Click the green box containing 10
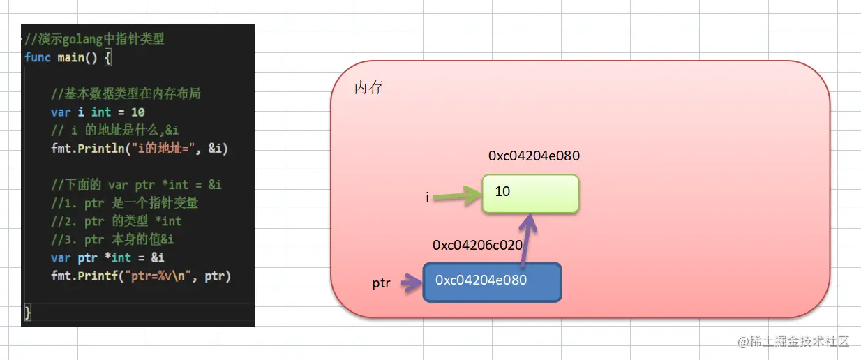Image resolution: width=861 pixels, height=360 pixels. coord(530,193)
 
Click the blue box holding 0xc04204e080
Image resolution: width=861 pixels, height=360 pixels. coord(492,282)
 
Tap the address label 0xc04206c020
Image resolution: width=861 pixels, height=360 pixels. coord(477,245)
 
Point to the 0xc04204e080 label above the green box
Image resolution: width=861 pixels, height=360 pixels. coord(534,156)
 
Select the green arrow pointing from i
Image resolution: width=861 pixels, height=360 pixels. coord(456,196)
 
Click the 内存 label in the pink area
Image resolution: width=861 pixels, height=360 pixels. coord(368,88)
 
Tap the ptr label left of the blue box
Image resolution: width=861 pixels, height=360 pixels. coord(381,285)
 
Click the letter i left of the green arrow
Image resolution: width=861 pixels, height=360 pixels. coord(427,197)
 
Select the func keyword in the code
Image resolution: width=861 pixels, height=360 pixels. coord(37,57)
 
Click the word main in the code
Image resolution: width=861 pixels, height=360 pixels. coord(70,57)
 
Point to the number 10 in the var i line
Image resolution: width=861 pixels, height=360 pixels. coord(137,112)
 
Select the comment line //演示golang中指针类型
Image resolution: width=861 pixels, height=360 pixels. coord(94,39)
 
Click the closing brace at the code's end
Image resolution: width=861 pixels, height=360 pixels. coord(28,313)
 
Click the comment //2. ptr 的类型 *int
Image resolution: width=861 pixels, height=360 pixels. coord(116,221)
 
